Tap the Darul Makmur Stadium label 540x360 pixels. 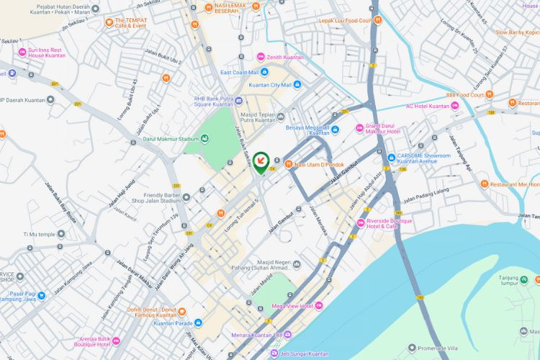coord(170,140)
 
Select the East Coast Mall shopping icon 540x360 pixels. coord(264,72)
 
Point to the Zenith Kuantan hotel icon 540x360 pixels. coord(260,56)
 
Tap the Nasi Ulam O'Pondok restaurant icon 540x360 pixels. coord(288,164)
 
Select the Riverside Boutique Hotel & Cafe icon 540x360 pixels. coord(360,222)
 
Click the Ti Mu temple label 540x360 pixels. coord(39,234)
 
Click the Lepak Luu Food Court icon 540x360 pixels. coord(378,20)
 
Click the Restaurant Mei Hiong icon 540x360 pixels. coord(485,184)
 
